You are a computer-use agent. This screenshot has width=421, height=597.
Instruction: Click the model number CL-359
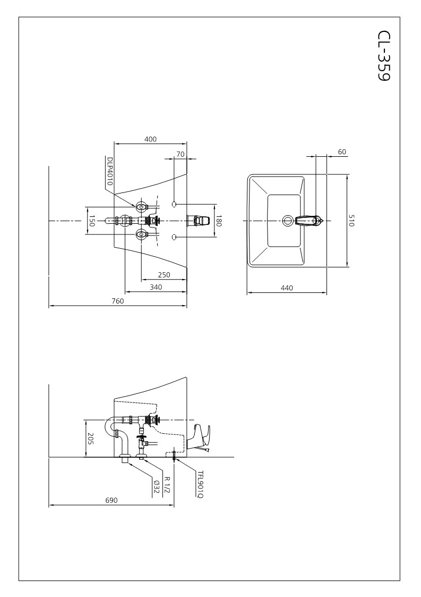384,56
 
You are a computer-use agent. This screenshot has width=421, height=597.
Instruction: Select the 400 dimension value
150,139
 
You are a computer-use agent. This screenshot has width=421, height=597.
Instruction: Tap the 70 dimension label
181,154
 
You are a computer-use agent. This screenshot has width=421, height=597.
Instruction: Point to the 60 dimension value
342,152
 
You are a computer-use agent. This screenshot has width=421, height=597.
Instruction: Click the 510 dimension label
351,221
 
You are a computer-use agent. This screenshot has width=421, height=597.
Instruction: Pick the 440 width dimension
287,288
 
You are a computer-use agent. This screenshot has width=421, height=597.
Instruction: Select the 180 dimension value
219,220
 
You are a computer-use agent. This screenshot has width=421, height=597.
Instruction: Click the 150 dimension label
91,221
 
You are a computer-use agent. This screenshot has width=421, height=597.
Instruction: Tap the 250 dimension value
164,275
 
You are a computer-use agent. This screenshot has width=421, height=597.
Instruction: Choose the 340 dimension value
156,287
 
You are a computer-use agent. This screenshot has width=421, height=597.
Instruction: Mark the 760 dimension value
118,301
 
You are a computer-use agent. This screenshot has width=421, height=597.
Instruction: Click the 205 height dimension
90,439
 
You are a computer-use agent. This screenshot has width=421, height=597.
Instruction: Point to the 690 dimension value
111,500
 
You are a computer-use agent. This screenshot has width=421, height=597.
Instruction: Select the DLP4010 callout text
110,171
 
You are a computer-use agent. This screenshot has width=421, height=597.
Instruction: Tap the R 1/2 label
167,485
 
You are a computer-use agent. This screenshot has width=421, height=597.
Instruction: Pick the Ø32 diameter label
157,486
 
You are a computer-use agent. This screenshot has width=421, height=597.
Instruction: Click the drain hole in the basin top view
288,220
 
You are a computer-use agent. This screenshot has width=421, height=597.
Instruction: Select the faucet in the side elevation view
202,437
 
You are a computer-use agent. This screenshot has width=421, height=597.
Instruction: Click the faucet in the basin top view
309,220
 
